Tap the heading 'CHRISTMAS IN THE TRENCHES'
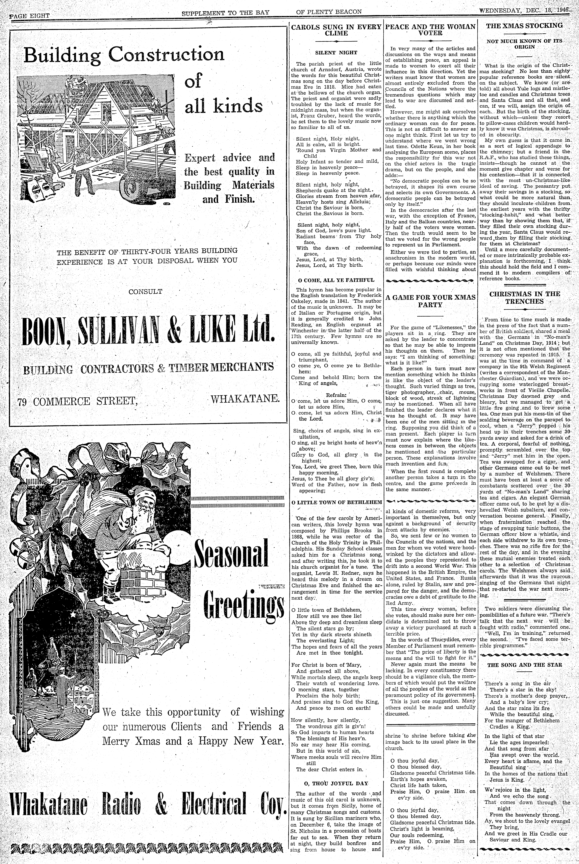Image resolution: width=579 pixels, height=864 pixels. (524, 297)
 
